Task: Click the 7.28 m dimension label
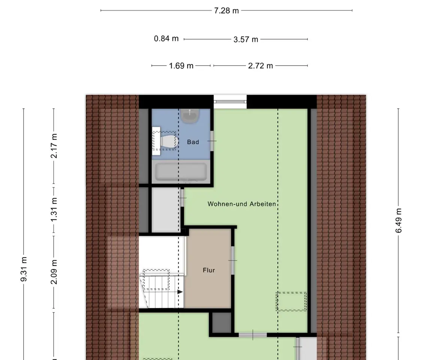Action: (226, 10)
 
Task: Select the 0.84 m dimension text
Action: (166, 39)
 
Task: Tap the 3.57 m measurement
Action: (246, 39)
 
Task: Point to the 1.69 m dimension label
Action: (181, 66)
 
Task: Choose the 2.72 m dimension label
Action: (261, 66)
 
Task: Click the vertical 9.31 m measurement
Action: (24, 269)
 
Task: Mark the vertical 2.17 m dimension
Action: (54, 145)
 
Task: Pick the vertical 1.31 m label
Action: (54, 210)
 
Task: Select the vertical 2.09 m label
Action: (54, 272)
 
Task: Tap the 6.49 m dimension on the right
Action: (399, 220)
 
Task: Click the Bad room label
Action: (193, 142)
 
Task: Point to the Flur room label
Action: (209, 270)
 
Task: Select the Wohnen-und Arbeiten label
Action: (242, 204)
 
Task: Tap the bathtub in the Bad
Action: (181, 172)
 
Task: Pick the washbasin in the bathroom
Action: (190, 116)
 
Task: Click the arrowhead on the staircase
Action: (180, 292)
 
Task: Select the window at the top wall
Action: (230, 102)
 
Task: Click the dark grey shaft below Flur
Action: (222, 323)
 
